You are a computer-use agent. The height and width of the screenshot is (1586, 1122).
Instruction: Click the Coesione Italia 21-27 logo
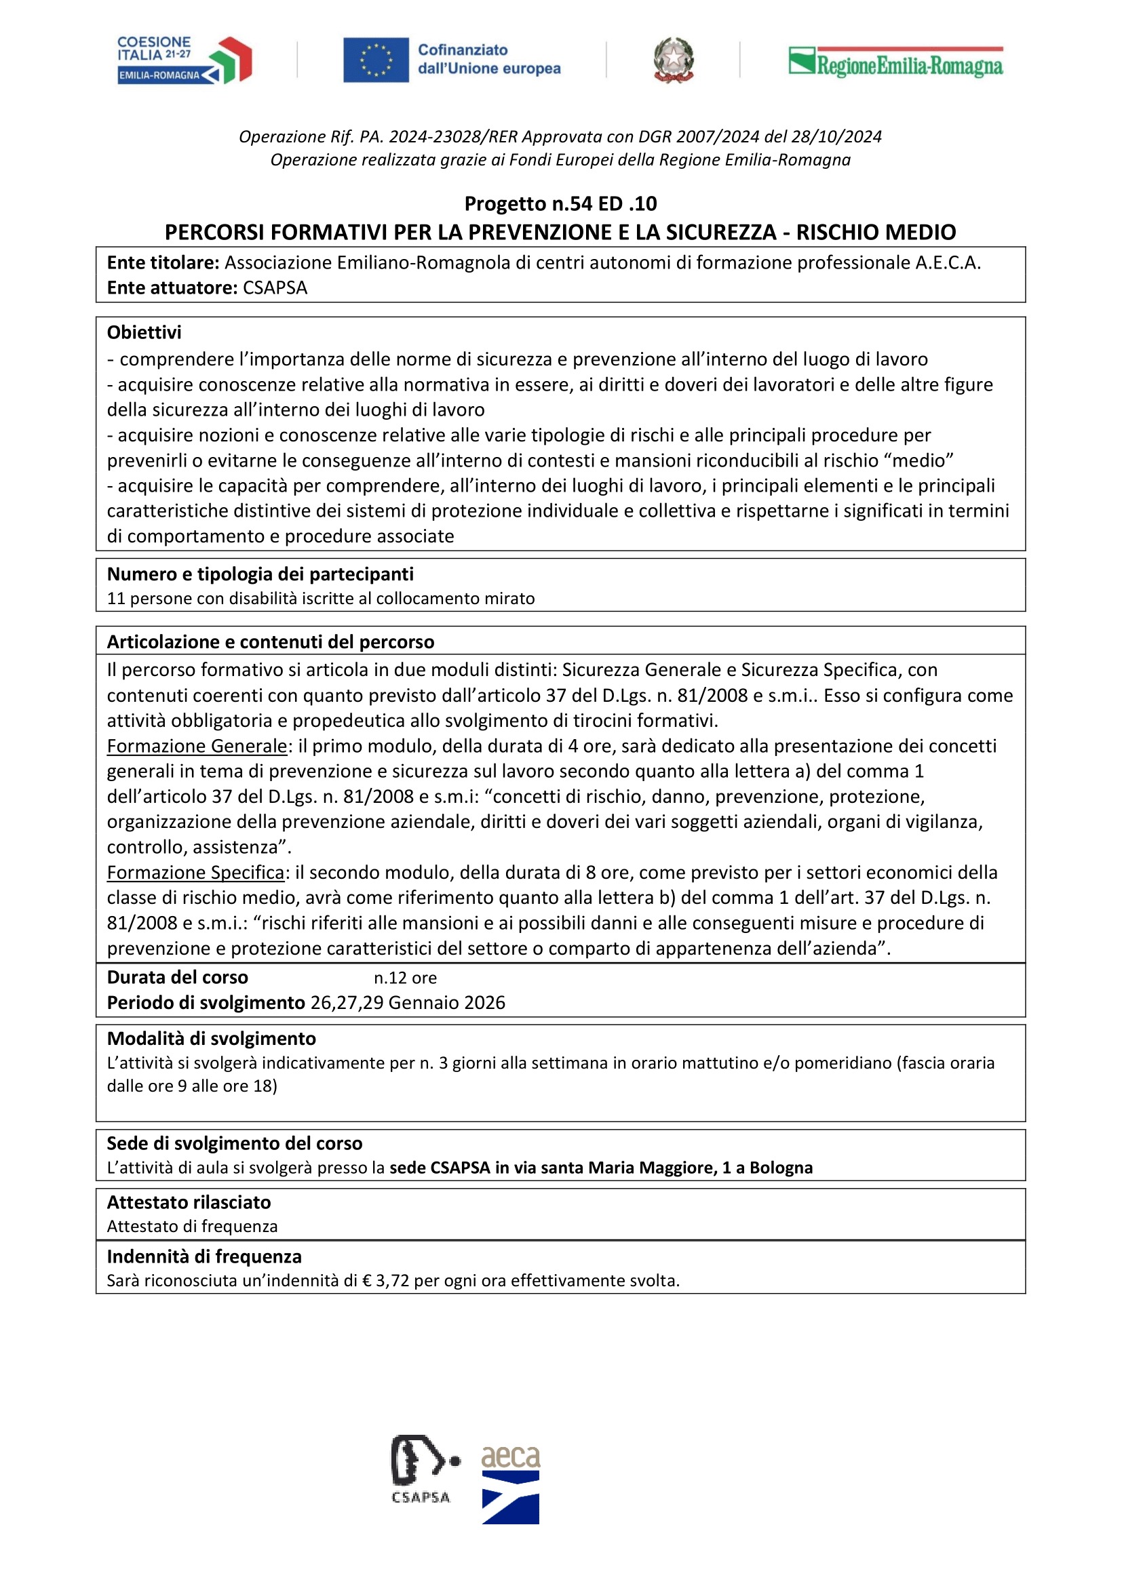[x=185, y=60]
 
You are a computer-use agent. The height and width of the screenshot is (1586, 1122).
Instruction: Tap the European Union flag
[x=376, y=60]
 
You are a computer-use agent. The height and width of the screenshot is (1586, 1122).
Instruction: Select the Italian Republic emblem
[x=674, y=60]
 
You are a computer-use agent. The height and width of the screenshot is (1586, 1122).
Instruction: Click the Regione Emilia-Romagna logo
[x=895, y=63]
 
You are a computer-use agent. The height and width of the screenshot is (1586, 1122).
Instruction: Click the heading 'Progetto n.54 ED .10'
[x=560, y=204]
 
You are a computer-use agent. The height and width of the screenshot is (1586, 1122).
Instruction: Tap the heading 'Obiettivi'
[x=144, y=333]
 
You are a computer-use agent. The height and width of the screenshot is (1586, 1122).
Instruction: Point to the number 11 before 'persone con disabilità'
[x=116, y=599]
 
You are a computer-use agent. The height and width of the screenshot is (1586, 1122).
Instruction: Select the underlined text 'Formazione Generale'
[x=197, y=747]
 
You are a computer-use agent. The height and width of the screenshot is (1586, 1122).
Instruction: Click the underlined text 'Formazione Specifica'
[x=195, y=873]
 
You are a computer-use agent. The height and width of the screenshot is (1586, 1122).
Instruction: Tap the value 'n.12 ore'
[x=405, y=978]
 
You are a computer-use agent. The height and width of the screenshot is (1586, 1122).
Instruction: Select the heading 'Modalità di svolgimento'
[x=211, y=1039]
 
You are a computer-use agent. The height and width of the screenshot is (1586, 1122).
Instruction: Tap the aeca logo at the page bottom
[x=511, y=1484]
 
